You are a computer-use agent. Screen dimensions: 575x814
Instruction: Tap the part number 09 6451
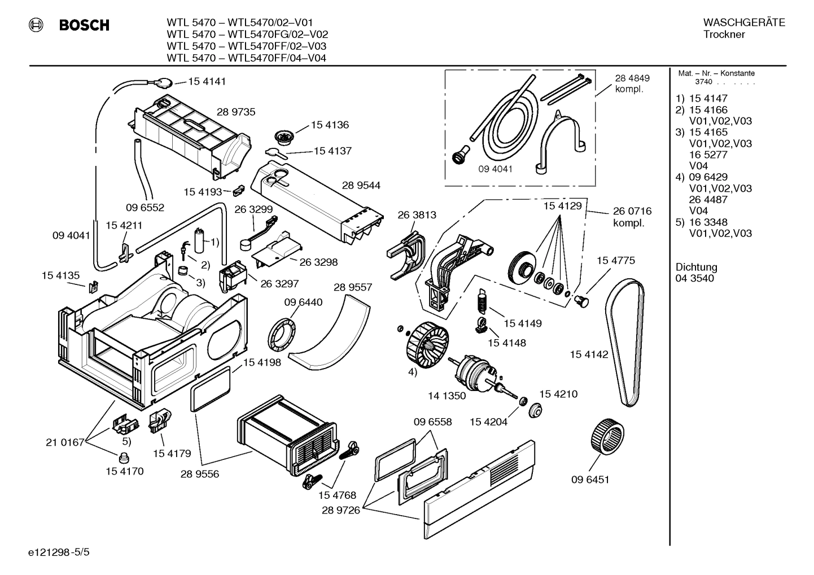pos(590,480)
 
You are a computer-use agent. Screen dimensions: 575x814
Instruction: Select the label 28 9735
pos(236,112)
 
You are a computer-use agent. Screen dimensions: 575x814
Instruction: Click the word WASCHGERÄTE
pos(744,23)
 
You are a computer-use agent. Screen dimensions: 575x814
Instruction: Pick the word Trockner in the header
pos(724,34)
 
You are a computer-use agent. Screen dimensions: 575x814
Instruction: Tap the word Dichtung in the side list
pos(696,267)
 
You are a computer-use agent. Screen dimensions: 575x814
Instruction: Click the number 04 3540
pos(694,278)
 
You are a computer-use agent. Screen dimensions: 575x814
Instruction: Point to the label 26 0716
pos(632,211)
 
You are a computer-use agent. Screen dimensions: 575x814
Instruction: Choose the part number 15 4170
pos(125,471)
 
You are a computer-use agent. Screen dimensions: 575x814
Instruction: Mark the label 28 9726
pos(340,510)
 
